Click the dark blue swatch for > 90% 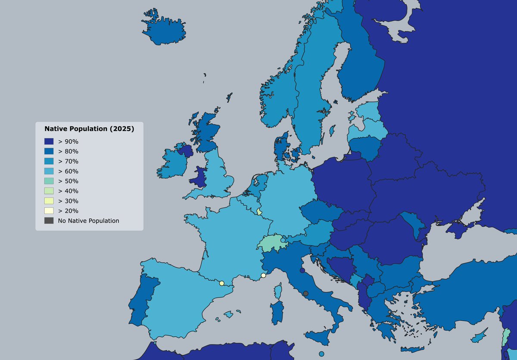click(x=49, y=141)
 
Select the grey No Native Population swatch click(x=49, y=221)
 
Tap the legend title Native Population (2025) click(x=89, y=128)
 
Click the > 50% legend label click(x=68, y=181)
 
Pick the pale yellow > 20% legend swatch click(x=49, y=211)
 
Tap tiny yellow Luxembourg click(x=259, y=211)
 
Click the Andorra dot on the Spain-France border click(x=221, y=283)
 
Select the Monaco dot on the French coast click(x=263, y=275)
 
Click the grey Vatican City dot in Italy click(x=305, y=294)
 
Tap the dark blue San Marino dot click(x=302, y=270)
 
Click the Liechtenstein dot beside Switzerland click(x=283, y=240)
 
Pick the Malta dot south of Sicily click(x=321, y=354)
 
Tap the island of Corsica click(x=279, y=291)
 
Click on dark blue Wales click(x=199, y=177)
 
